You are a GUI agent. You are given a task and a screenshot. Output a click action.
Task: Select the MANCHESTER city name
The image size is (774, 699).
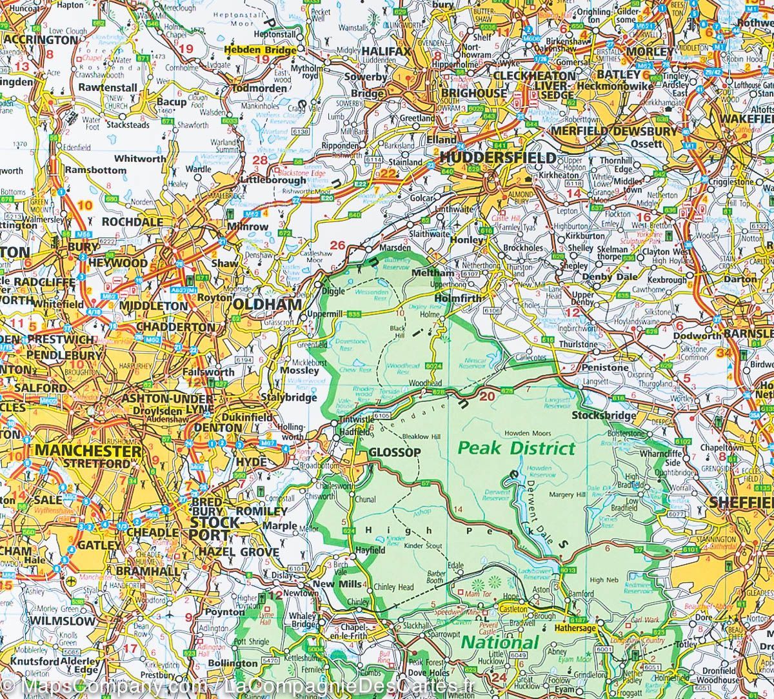pos(88,450)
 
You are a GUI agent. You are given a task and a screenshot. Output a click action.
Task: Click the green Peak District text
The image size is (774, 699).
pos(516,447)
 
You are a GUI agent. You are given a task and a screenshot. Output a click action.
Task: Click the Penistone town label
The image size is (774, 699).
pos(604,367)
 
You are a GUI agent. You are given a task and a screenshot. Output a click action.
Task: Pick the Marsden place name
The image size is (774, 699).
pos(394,248)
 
